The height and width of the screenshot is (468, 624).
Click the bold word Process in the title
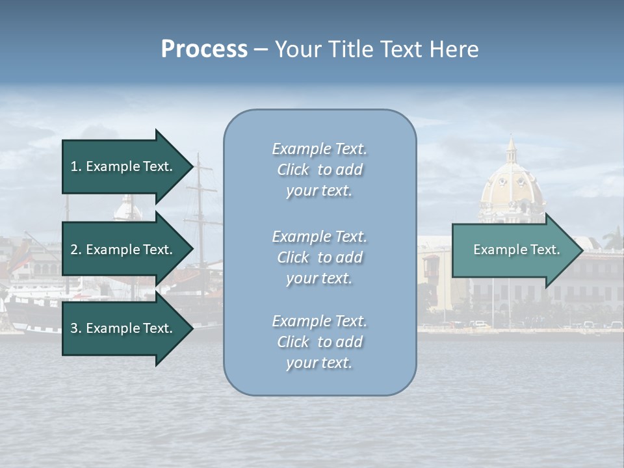coord(204,49)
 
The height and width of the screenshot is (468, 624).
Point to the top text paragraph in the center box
coord(319,170)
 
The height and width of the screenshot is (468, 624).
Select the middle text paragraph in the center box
coord(319,257)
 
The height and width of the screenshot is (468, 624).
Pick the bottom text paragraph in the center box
coord(319,342)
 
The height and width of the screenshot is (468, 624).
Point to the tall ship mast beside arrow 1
coord(200,195)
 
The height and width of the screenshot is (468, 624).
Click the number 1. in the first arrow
coord(76,166)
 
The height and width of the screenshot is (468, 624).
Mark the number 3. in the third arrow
coord(76,329)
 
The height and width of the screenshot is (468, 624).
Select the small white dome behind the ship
coord(127,209)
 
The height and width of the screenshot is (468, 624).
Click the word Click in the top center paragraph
coord(293,170)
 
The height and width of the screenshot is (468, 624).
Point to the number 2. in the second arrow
coord(76,250)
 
